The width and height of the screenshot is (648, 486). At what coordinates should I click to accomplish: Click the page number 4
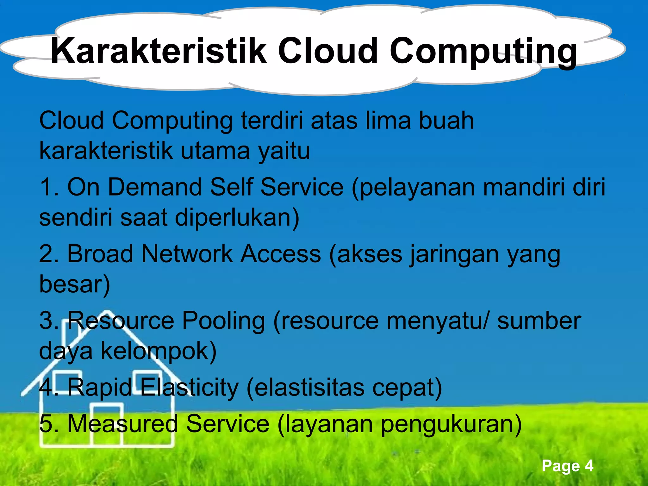tap(589, 466)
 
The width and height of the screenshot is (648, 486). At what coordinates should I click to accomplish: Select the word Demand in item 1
tap(155, 187)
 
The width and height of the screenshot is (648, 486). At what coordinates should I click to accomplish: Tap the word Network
tap(187, 254)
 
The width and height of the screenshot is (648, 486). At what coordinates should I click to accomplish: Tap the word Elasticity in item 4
tap(189, 388)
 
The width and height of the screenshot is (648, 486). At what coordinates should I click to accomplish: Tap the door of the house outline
tap(106, 426)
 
